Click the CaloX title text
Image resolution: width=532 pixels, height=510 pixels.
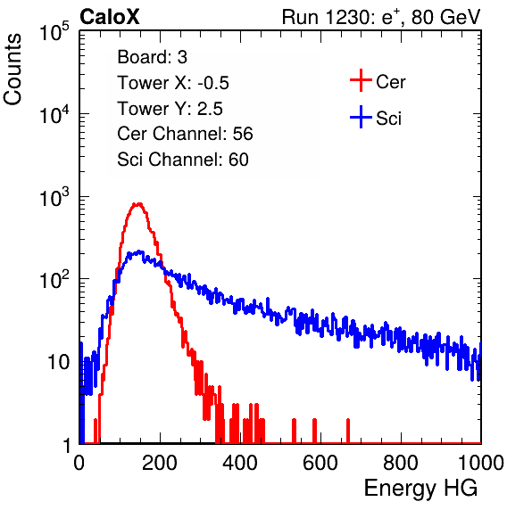[x=110, y=17]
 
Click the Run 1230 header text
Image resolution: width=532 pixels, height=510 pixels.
[x=381, y=17]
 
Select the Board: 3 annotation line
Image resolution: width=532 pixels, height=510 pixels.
[x=152, y=57]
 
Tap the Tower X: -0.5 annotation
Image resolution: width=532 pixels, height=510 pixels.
[x=173, y=83]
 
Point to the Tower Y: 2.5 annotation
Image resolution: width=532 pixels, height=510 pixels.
[x=170, y=109]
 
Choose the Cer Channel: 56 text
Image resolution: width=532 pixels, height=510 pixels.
[x=185, y=134]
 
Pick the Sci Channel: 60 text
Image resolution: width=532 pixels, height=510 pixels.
[x=183, y=160]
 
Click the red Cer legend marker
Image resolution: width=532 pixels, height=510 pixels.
[x=361, y=80]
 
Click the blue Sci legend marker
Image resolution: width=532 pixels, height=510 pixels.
[x=361, y=118]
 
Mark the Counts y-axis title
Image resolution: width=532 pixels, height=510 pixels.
[x=12, y=70]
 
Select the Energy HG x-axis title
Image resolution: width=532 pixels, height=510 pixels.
[x=420, y=489]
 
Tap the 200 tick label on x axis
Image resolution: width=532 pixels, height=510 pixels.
[x=160, y=463]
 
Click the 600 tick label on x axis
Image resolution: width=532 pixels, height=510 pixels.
[x=320, y=463]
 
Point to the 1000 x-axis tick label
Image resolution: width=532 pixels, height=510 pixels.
[x=481, y=463]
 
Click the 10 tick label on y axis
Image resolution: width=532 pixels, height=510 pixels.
[x=59, y=363]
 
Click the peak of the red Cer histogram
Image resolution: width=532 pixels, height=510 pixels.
[x=137, y=203]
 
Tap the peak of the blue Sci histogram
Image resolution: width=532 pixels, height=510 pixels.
[x=139, y=251]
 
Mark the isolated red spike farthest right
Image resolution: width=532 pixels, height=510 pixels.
[x=348, y=431]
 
